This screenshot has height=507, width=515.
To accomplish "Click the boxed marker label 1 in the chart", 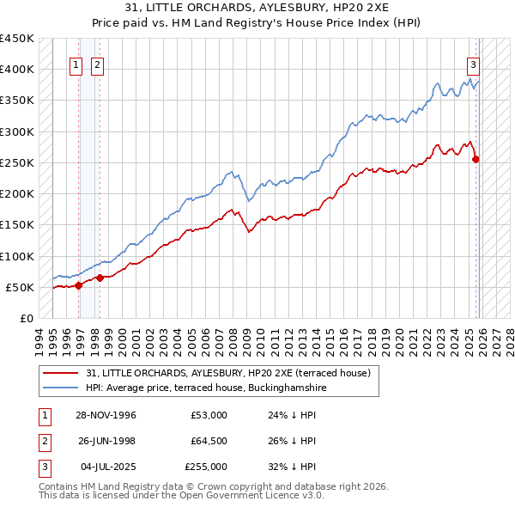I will point(76,64).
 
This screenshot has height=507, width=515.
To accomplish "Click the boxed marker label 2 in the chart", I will point(97,64).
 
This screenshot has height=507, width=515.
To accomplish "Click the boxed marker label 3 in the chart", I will point(473,64).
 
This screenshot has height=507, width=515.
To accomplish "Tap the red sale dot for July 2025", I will point(476,159).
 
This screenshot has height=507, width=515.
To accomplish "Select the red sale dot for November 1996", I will point(79,285).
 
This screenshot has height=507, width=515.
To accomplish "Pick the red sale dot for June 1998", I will point(100,278).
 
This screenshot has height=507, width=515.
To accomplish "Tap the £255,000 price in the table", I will point(206,467).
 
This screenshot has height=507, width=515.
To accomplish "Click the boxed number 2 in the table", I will point(43,441).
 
